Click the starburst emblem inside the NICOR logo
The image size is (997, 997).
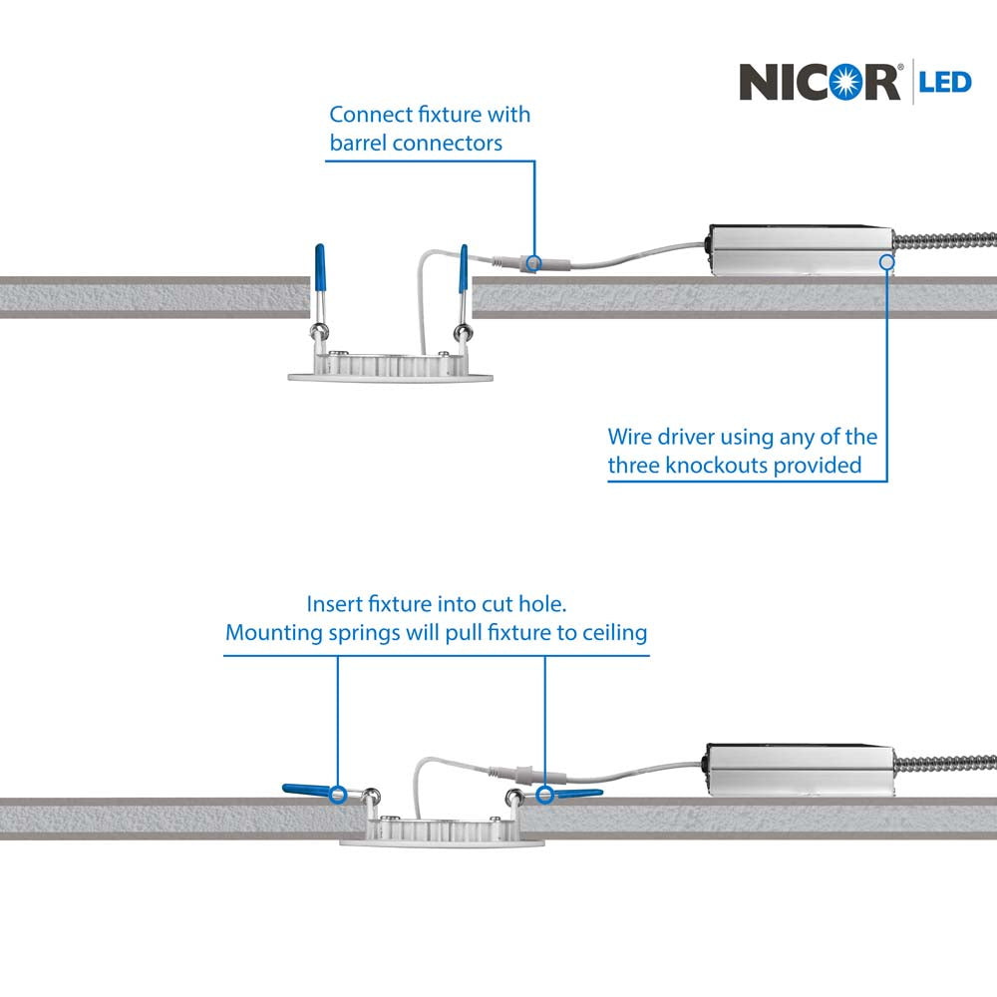[x=855, y=82]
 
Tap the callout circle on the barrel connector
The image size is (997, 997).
[x=533, y=263]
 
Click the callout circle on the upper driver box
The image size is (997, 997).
[x=885, y=262]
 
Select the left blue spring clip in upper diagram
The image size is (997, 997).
[x=318, y=268]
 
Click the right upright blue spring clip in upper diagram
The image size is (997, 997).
[x=463, y=268]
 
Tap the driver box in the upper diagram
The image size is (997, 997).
[x=799, y=250]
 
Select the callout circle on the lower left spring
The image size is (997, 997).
[x=338, y=795]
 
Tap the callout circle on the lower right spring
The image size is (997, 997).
[x=545, y=795]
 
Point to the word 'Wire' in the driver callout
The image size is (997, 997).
[x=629, y=437]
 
